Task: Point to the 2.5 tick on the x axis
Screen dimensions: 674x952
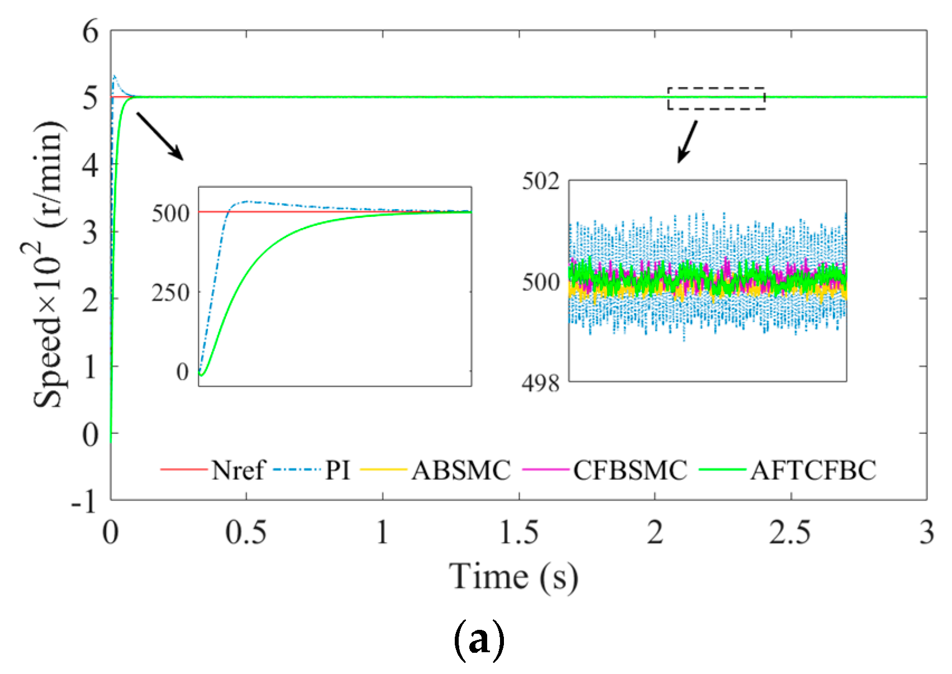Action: tap(790, 533)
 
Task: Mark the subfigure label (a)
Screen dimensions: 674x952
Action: tap(478, 641)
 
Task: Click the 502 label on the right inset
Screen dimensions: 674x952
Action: tap(540, 182)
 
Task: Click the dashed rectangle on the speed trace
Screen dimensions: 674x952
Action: tap(716, 98)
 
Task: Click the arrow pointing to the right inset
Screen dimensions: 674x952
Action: tap(687, 142)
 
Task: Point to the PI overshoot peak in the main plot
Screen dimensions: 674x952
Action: tap(115, 76)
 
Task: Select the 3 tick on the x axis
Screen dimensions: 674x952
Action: tap(926, 533)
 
